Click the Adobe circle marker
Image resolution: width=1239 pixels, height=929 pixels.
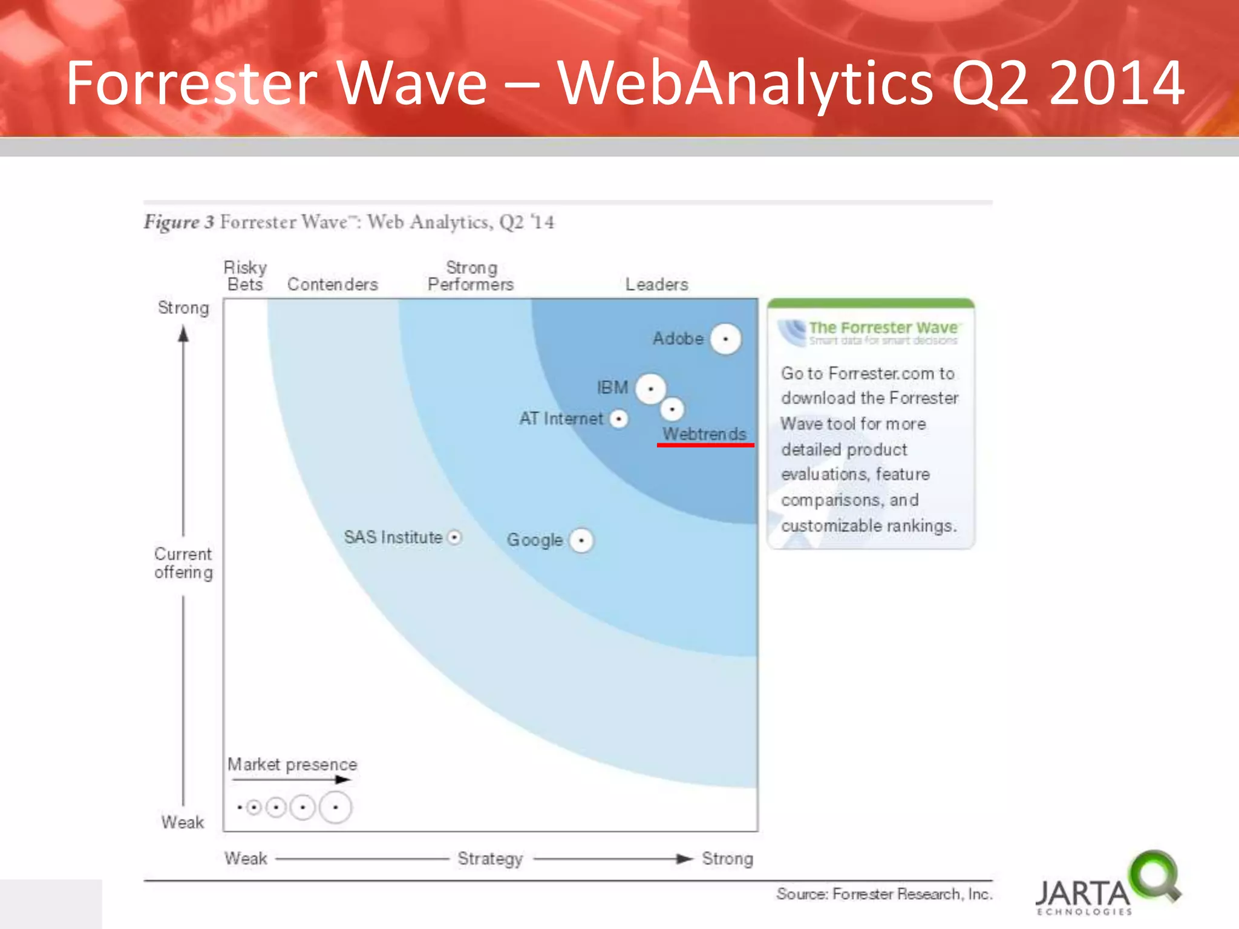(725, 339)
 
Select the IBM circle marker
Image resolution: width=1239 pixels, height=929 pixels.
(650, 388)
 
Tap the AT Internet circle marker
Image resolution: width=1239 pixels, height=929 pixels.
(618, 419)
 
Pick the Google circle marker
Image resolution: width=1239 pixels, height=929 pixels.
(581, 540)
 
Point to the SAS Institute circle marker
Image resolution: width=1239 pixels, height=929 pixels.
(454, 537)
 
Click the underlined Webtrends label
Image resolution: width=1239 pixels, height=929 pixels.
(704, 434)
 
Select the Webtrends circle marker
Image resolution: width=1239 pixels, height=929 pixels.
(672, 409)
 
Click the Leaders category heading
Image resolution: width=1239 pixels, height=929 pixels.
(656, 284)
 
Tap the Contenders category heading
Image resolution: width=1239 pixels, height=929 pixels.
(332, 284)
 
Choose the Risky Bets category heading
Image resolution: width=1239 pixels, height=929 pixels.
(245, 276)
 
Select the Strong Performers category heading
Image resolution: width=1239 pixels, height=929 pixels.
(471, 276)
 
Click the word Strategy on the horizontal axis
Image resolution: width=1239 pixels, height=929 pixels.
(490, 858)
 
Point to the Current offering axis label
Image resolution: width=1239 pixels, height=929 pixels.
(183, 563)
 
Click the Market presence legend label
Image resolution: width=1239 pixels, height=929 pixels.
(292, 764)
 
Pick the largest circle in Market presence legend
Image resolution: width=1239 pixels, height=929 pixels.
(335, 807)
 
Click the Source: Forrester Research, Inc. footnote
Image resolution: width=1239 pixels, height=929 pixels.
(884, 894)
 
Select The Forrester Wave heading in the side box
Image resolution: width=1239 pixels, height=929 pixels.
(883, 328)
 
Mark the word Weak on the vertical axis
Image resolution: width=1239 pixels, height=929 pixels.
(183, 823)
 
